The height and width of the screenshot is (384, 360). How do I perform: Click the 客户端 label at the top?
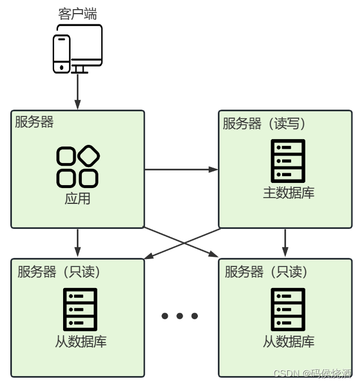pyautogui.click(x=78, y=14)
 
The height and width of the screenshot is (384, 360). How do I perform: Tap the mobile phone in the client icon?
pyautogui.click(x=61, y=54)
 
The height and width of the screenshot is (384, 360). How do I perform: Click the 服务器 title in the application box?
pyautogui.click(x=35, y=122)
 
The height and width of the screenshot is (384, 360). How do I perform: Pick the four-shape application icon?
pyautogui.click(x=78, y=166)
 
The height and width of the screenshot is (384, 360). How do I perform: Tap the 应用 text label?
pyautogui.click(x=78, y=199)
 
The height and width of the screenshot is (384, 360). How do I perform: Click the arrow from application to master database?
pyautogui.click(x=181, y=169)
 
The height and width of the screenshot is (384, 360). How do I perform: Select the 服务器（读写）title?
pyautogui.click(x=264, y=123)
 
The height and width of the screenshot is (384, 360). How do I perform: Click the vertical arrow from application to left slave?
pyautogui.click(x=78, y=243)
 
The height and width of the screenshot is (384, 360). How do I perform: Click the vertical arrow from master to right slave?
pyautogui.click(x=285, y=243)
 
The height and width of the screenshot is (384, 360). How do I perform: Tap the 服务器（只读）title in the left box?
pyautogui.click(x=59, y=272)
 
